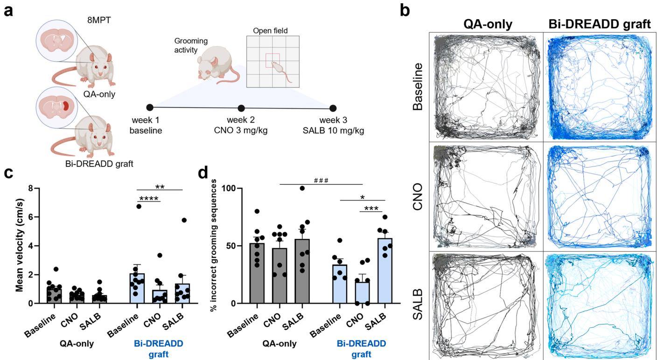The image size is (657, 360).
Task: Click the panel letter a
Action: [x=8, y=10]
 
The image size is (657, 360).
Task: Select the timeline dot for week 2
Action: [x=241, y=109]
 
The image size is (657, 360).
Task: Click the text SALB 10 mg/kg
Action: [x=333, y=131]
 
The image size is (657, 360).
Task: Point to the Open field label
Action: [x=270, y=31]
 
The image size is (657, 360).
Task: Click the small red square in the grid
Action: [x=273, y=60]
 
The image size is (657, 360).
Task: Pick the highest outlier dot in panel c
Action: [x=138, y=206]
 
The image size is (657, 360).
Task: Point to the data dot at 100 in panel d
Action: [x=302, y=188]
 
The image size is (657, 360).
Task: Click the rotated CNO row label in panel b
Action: [x=418, y=197]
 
